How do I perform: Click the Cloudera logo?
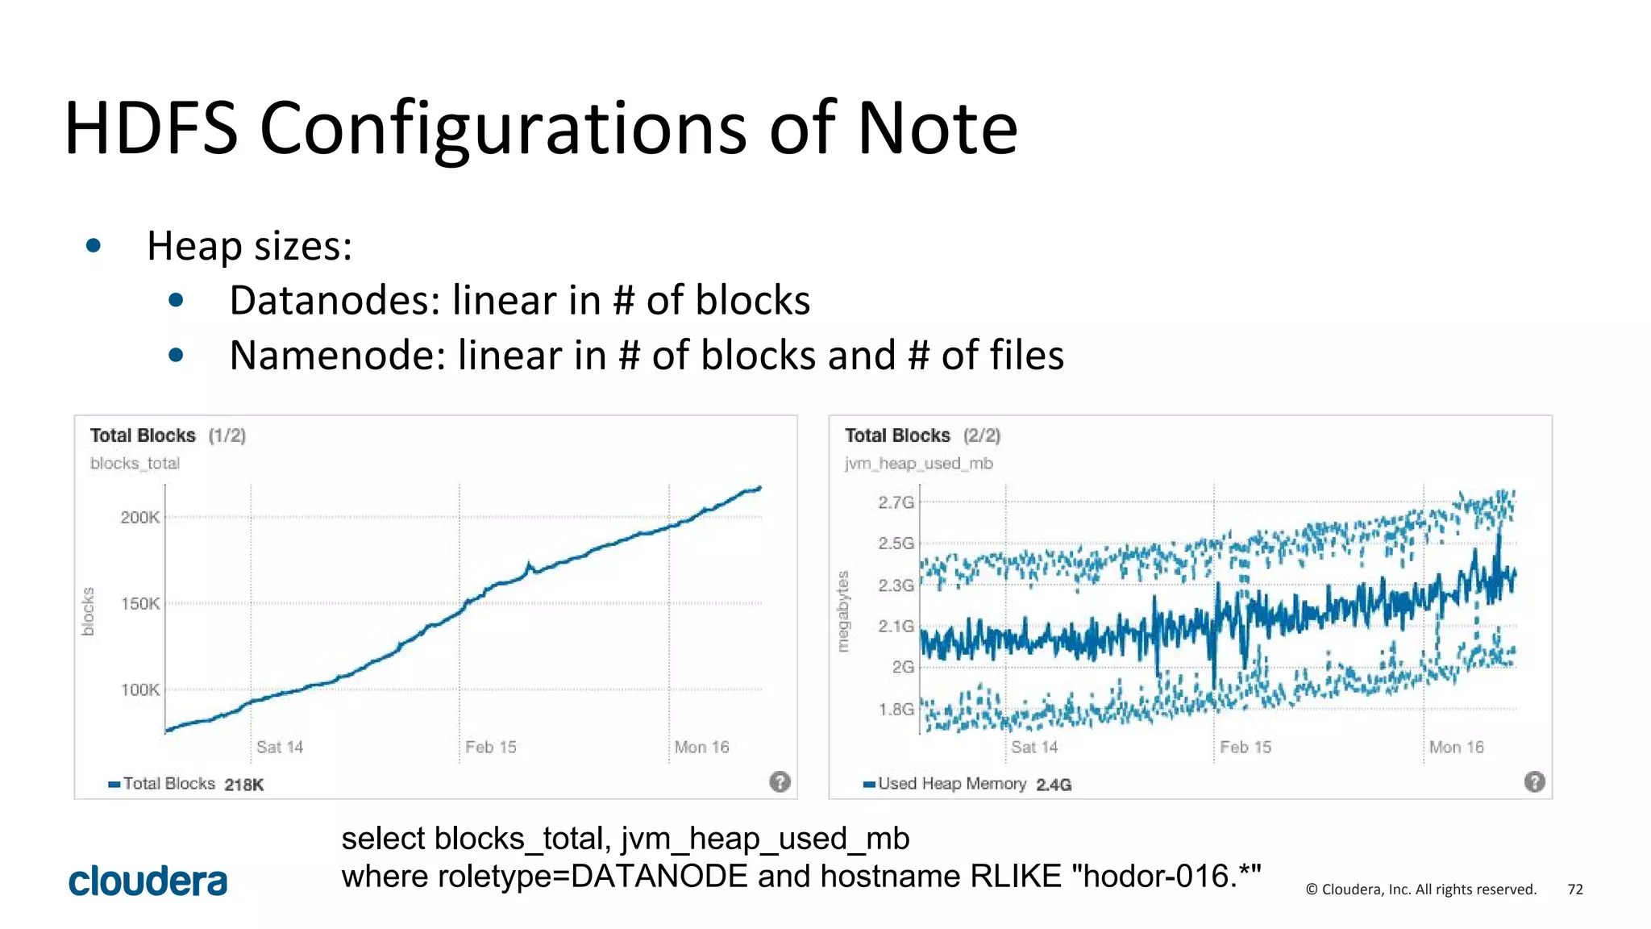[x=148, y=881]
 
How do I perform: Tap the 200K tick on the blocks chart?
[x=140, y=518]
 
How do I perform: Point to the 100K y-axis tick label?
[x=140, y=690]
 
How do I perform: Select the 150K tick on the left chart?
[x=140, y=604]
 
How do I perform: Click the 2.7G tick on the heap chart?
[x=896, y=503]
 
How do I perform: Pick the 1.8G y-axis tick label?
[x=896, y=710]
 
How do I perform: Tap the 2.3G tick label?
[x=896, y=585]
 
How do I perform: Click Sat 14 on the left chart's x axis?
[x=280, y=748]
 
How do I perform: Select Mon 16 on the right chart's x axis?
[x=1456, y=748]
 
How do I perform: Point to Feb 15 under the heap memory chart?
[x=1246, y=748]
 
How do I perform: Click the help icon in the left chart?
[x=780, y=781]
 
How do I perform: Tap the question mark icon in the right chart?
[x=1534, y=781]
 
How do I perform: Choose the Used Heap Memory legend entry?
[x=951, y=784]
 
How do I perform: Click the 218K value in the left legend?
[x=244, y=785]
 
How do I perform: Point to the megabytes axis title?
[x=843, y=611]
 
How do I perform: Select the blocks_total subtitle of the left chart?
[x=135, y=464]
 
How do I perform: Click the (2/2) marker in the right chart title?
[x=982, y=436]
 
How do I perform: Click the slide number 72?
[x=1575, y=889]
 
